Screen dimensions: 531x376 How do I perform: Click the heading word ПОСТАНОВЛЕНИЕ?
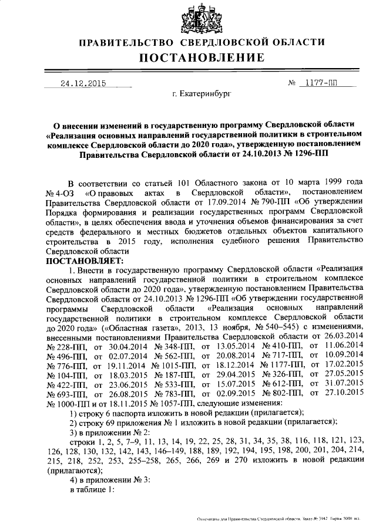pos(202,58)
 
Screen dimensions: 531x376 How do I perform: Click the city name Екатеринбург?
pos(202,93)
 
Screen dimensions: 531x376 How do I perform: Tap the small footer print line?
pos(286,519)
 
